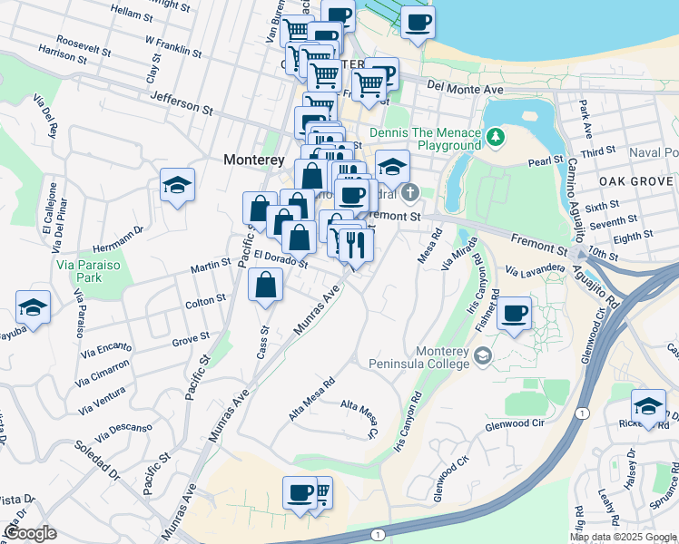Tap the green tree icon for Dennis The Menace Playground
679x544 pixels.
(495, 138)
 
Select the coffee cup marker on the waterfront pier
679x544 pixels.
(418, 23)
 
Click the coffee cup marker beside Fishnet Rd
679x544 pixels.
(515, 314)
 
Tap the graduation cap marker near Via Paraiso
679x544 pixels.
(34, 308)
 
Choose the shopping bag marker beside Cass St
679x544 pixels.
(264, 286)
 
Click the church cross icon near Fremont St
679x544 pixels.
(410, 191)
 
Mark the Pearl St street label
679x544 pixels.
(545, 161)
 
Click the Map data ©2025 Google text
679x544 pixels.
(623, 537)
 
